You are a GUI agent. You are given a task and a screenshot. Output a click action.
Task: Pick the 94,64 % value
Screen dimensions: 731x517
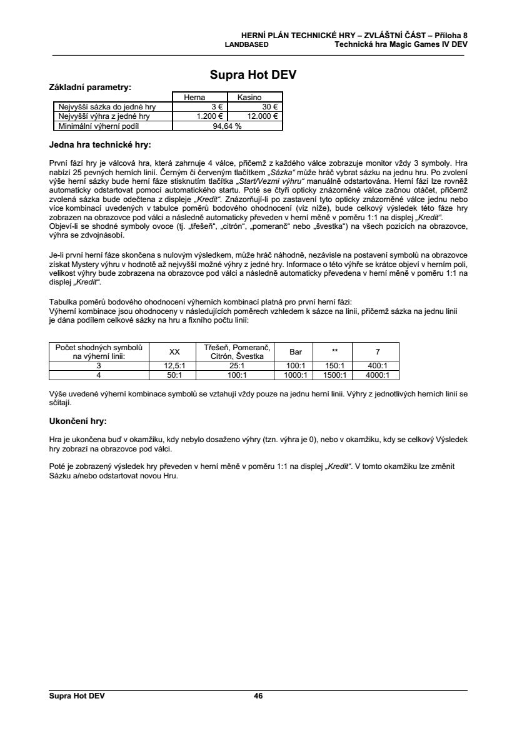[x=228, y=125]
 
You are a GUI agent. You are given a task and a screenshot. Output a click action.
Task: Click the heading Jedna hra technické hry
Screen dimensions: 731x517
[x=100, y=145]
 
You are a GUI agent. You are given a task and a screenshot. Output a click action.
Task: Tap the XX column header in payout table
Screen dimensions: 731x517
[x=175, y=351]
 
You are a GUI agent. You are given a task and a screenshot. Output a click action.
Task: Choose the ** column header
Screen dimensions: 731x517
[x=335, y=351]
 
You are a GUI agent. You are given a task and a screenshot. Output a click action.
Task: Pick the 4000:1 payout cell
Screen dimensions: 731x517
[x=377, y=375]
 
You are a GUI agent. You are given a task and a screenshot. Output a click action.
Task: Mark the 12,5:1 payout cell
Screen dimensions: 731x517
[x=175, y=365]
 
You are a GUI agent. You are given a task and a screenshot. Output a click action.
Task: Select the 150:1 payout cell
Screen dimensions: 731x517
[x=335, y=365]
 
